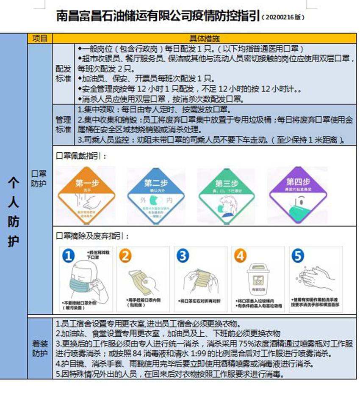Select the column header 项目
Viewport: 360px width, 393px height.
coord(40,38)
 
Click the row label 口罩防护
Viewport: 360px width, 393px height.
coord(40,179)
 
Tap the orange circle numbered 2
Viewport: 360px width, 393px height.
coord(125,256)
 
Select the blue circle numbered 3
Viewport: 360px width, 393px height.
coord(183,256)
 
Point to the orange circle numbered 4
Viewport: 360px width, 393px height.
coord(240,256)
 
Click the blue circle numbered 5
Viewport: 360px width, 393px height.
coord(298,256)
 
